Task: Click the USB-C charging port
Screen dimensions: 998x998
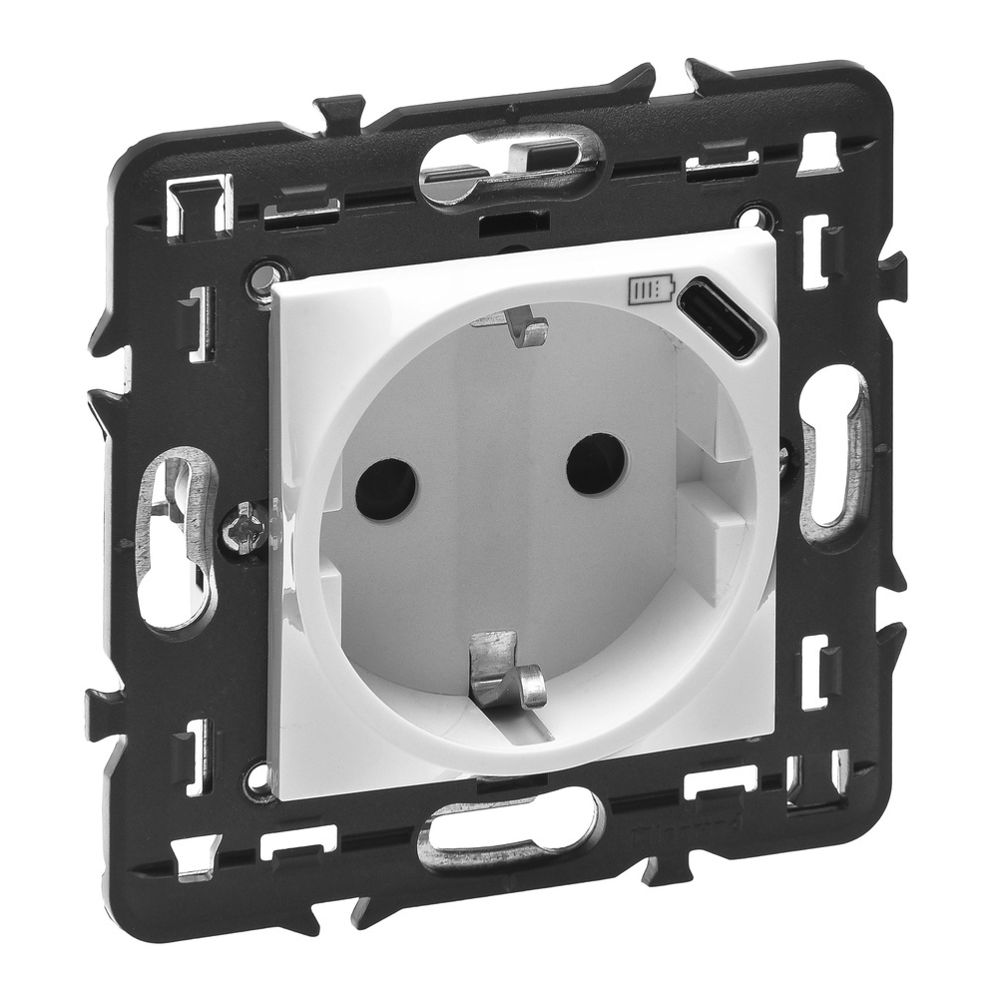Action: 721,316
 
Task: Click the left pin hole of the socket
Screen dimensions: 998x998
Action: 385,488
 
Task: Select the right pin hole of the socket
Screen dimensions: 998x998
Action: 596,464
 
